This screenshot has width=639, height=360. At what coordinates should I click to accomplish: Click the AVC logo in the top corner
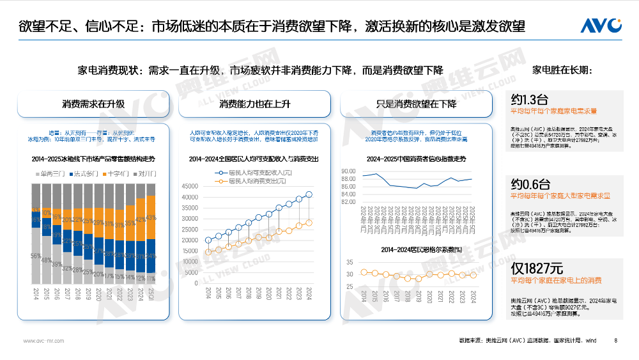(601, 26)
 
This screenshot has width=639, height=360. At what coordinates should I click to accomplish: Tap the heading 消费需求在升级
(93, 104)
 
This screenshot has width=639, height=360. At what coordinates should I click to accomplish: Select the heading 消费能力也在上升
(254, 104)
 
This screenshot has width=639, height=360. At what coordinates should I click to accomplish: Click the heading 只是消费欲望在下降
(416, 104)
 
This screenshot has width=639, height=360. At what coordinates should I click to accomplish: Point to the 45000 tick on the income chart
(190, 186)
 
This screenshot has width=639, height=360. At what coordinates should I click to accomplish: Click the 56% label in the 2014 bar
(36, 256)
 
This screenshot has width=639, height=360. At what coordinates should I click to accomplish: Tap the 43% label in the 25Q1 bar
(151, 218)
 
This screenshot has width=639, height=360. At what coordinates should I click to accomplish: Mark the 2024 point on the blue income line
(309, 194)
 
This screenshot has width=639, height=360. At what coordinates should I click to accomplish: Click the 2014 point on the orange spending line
(208, 252)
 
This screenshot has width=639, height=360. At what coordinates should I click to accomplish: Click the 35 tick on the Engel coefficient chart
(350, 262)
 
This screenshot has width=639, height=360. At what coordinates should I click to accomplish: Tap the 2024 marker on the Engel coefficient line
(473, 276)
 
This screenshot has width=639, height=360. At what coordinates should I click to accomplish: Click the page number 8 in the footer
(615, 341)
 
